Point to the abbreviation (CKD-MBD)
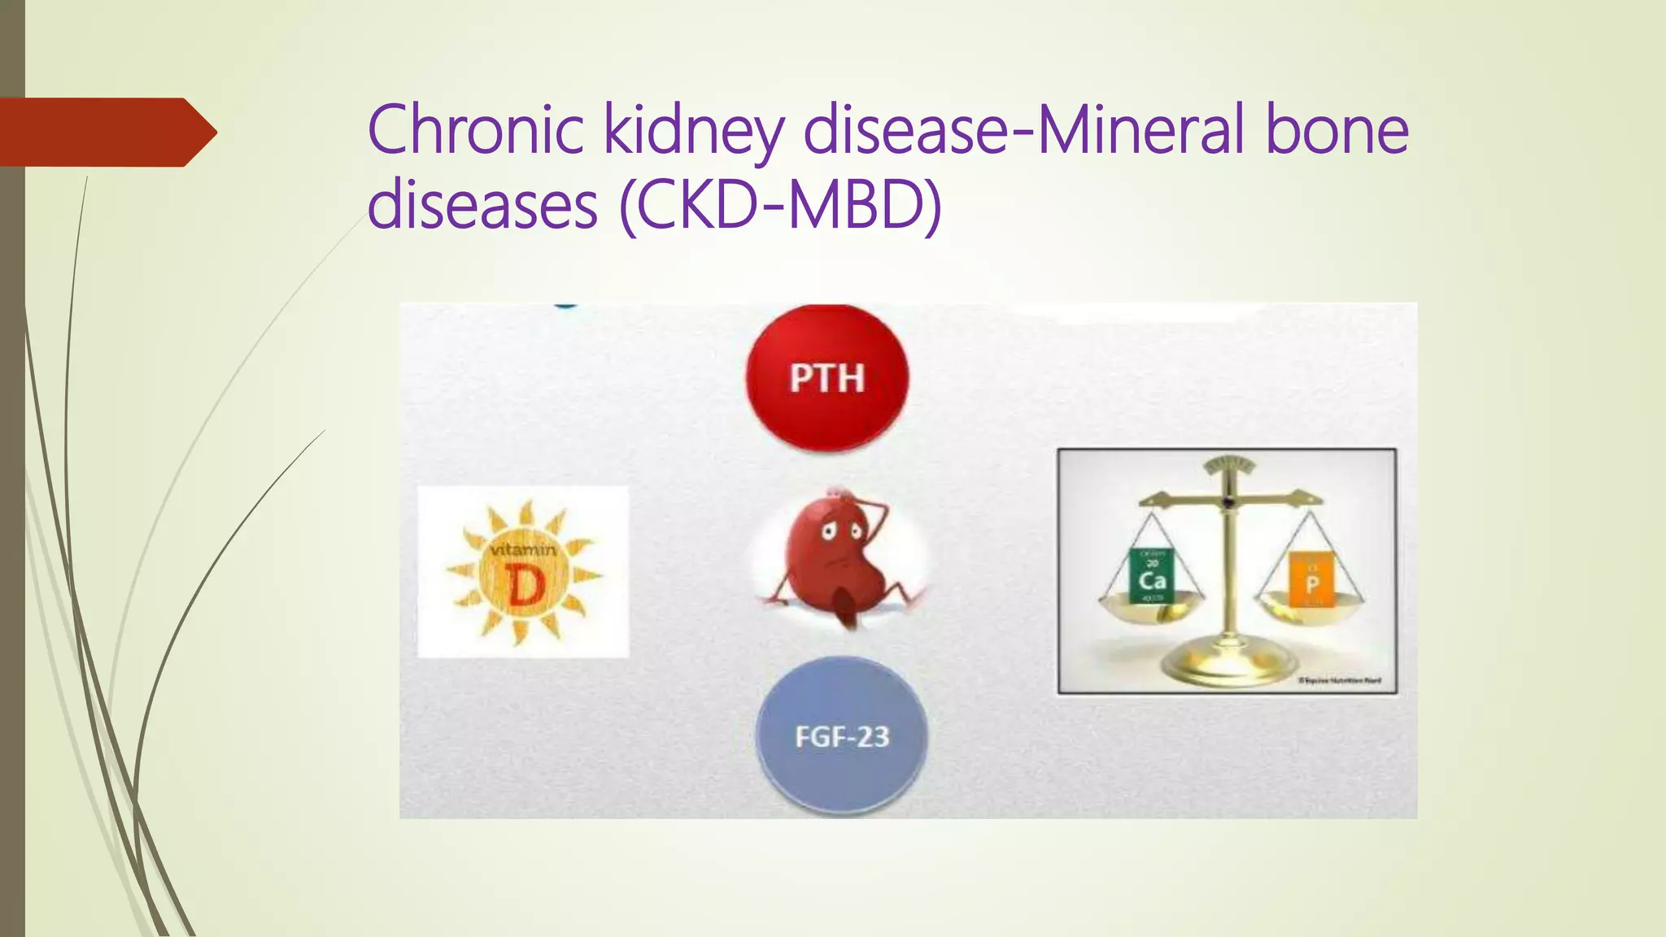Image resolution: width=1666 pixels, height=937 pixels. click(780, 205)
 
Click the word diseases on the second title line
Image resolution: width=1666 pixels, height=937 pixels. click(482, 205)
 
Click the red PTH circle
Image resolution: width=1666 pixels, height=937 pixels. click(826, 377)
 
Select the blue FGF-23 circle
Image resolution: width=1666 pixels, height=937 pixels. click(841, 735)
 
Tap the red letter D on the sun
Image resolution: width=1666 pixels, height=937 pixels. click(525, 586)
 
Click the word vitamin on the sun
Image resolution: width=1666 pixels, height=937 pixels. click(523, 550)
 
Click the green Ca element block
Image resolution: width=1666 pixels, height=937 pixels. click(1152, 575)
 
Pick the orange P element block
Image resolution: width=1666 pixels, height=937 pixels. click(1311, 578)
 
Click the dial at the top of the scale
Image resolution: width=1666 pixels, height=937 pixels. click(1229, 466)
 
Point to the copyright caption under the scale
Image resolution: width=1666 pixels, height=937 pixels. click(1339, 681)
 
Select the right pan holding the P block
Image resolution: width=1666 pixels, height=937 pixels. click(1309, 604)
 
